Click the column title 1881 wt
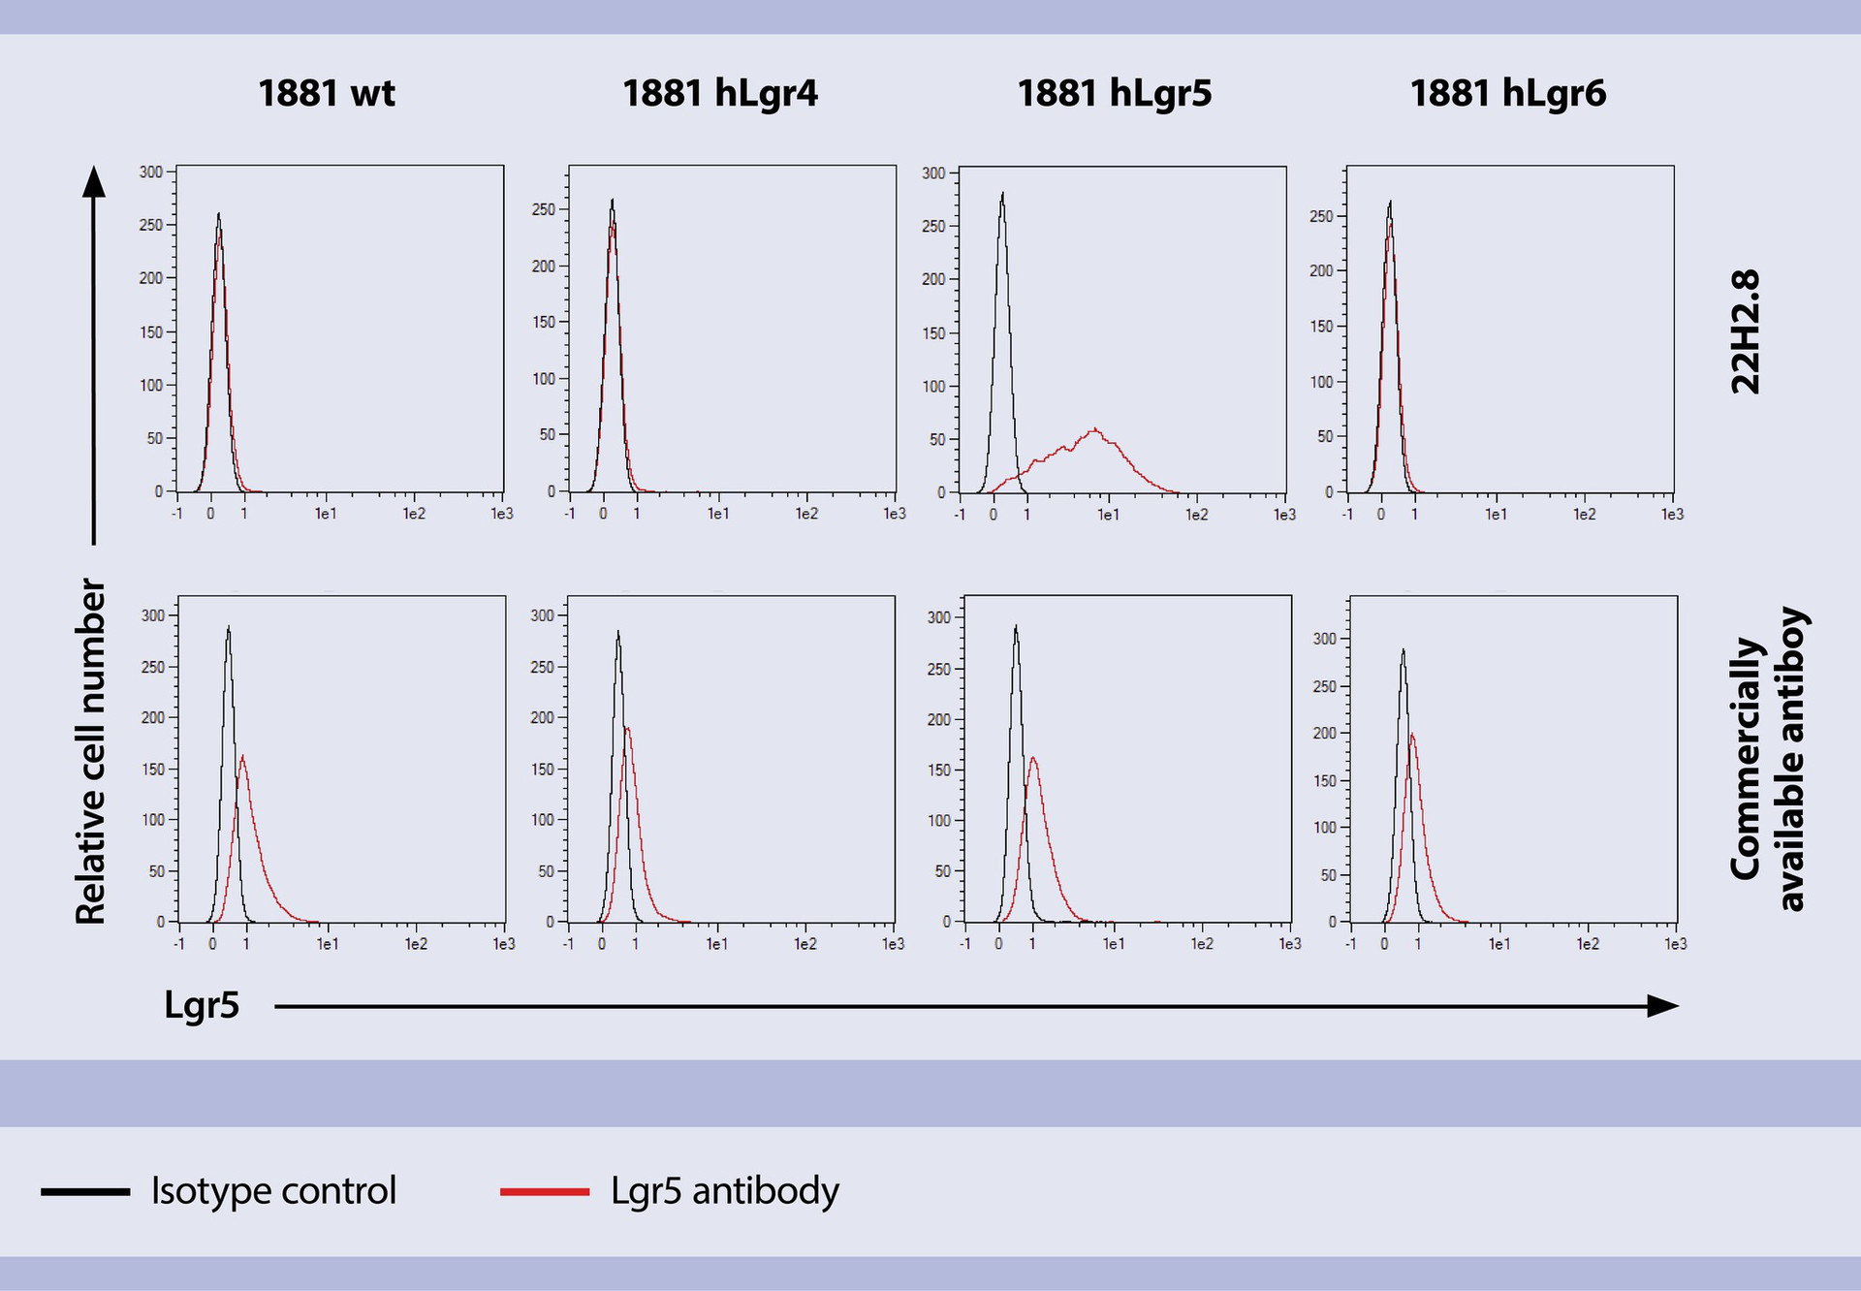[327, 94]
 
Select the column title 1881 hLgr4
[720, 94]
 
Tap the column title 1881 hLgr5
[1114, 94]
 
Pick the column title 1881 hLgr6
[1507, 94]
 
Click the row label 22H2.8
[1745, 331]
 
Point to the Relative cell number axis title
[90, 751]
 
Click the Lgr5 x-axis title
[202, 1005]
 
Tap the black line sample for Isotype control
[85, 1191]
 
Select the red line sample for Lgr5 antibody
[545, 1191]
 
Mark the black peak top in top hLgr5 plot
[1002, 194]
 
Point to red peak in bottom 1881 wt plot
[241, 757]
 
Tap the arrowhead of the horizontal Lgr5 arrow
[1663, 1006]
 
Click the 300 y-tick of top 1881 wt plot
[151, 172]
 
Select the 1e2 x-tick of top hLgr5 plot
[1197, 515]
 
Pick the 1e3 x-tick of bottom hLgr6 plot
[1676, 944]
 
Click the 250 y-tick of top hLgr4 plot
[544, 209]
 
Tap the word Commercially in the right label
[1745, 759]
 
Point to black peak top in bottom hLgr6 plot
[1403, 650]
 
